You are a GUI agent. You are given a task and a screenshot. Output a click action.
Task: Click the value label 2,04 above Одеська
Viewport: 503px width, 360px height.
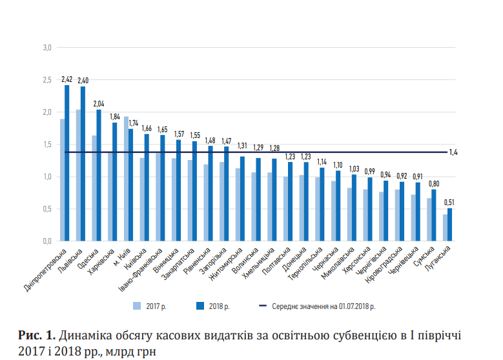click(x=98, y=103)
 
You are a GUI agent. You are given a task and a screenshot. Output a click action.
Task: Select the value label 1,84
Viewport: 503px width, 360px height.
click(x=114, y=117)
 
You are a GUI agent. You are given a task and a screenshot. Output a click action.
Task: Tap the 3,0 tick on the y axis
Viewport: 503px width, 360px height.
click(x=47, y=48)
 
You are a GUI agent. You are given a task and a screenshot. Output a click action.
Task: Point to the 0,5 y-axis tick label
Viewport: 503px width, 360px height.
click(x=47, y=209)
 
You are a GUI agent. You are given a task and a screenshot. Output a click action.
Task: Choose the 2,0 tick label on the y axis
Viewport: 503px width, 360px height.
click(x=47, y=112)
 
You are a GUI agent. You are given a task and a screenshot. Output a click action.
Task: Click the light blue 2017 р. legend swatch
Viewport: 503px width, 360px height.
click(x=136, y=305)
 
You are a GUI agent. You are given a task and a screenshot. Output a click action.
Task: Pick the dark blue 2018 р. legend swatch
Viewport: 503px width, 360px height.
click(x=200, y=305)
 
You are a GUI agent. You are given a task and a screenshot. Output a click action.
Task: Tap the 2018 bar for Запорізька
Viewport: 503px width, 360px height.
click(x=227, y=194)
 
